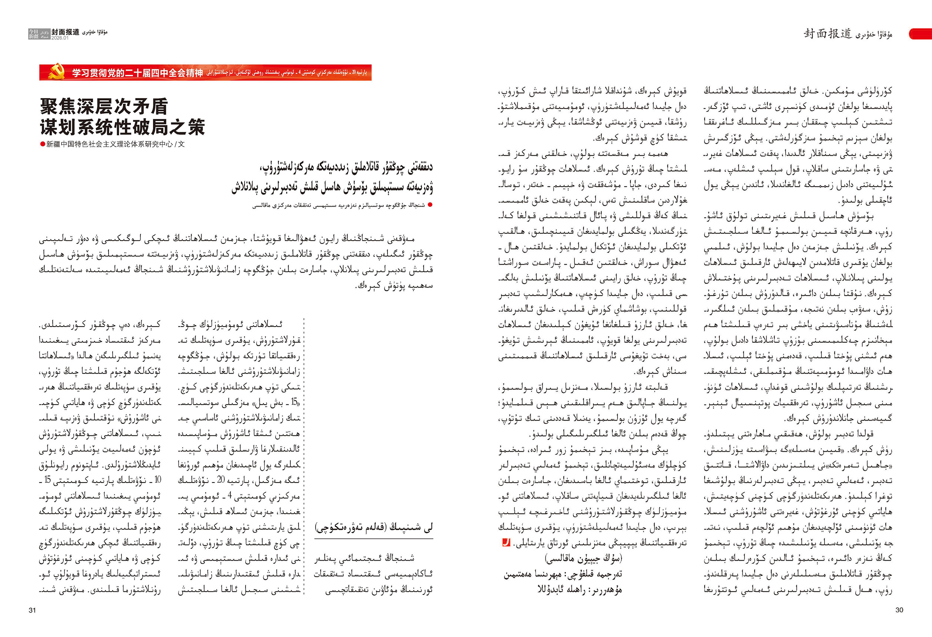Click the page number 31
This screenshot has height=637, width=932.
click(33, 610)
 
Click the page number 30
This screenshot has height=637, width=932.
click(899, 610)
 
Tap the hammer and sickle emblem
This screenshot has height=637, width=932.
click(56, 72)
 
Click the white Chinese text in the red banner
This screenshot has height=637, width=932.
click(137, 73)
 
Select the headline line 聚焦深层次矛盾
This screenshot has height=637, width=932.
click(103, 107)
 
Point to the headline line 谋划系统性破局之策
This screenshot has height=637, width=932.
click(122, 127)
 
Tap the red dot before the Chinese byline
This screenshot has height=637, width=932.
click(43, 145)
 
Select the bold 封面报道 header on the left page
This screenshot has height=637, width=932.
click(65, 33)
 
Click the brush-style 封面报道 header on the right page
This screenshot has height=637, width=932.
click(827, 34)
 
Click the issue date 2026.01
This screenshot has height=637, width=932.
click(60, 38)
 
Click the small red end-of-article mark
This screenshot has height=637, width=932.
click(506, 543)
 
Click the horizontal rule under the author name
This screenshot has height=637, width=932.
click(374, 539)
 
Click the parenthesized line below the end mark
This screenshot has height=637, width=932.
click(583, 558)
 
